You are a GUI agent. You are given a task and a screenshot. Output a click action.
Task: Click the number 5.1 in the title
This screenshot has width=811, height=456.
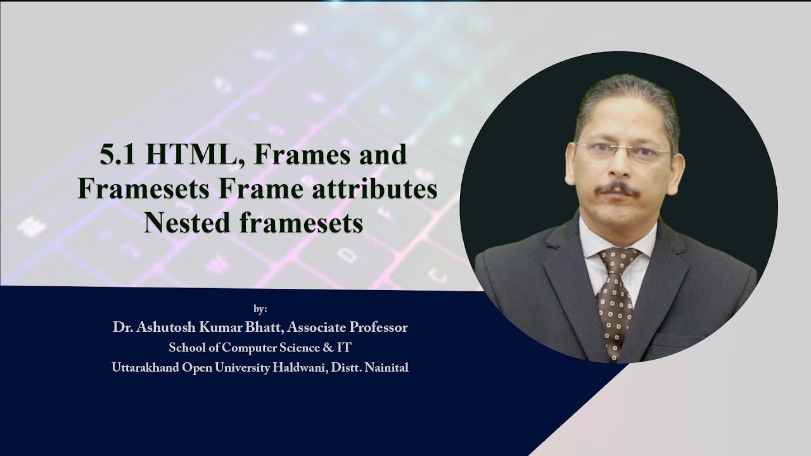coord(118,156)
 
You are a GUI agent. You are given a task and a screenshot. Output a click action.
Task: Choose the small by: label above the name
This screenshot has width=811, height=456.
coord(260,309)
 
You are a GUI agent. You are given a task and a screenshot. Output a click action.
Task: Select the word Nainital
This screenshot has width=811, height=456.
coord(387,367)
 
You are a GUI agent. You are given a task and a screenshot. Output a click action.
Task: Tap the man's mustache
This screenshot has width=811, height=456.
coord(617,188)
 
